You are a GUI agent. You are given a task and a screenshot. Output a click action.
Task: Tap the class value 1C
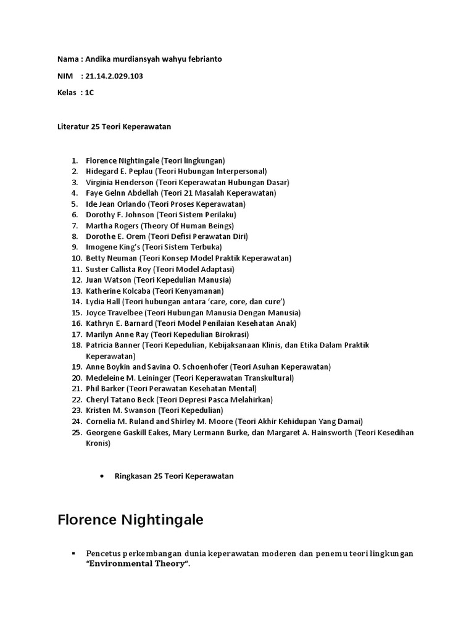89,92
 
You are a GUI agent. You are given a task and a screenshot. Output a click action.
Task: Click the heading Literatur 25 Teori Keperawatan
114,126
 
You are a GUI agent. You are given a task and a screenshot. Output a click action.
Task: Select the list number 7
75,225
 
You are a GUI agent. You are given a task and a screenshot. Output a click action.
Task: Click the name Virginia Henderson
120,182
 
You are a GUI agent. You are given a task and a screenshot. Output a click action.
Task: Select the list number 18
77,345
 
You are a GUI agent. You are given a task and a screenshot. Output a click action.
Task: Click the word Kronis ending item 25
98,443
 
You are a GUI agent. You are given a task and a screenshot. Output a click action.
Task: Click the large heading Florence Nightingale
130,520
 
